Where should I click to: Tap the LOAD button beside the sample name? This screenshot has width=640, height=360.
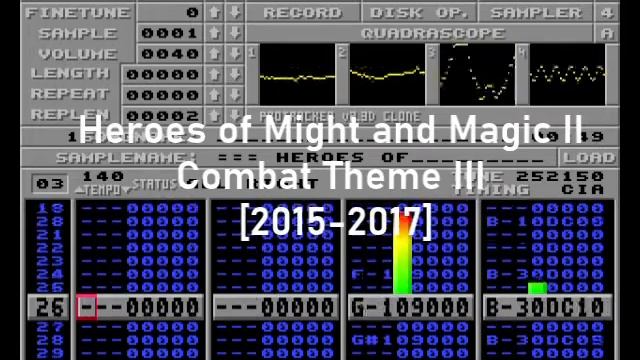[588, 157]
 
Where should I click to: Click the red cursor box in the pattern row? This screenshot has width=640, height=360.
[87, 307]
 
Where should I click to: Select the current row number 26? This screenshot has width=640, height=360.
[51, 307]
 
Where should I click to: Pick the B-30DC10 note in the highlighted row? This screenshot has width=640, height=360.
[544, 307]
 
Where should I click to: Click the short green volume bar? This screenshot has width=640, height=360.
[537, 288]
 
